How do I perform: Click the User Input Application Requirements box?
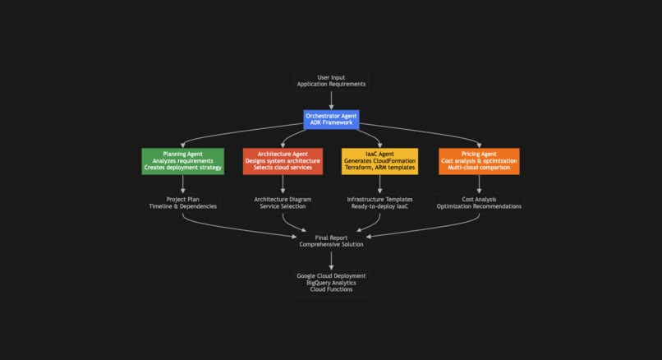pyautogui.click(x=331, y=81)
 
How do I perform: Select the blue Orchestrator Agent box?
pyautogui.click(x=331, y=120)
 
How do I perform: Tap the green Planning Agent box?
pyautogui.click(x=182, y=161)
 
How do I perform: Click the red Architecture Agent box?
pyautogui.click(x=283, y=161)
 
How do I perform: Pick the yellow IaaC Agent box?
pyautogui.click(x=379, y=161)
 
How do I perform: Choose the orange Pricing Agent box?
pyautogui.click(x=479, y=161)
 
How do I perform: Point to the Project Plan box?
pyautogui.click(x=182, y=203)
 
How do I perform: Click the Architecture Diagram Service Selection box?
pyautogui.click(x=283, y=203)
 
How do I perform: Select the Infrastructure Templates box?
pyautogui.click(x=379, y=203)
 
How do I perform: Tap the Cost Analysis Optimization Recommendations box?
pyautogui.click(x=479, y=203)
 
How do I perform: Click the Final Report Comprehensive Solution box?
pyautogui.click(x=331, y=241)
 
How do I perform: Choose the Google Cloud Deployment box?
pyautogui.click(x=331, y=283)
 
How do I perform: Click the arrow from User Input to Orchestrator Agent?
pyautogui.click(x=331, y=99)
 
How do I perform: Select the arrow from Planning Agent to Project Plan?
pyautogui.click(x=182, y=183)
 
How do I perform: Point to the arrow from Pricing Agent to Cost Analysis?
pyautogui.click(x=479, y=183)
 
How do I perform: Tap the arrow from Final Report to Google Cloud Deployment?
pyautogui.click(x=331, y=260)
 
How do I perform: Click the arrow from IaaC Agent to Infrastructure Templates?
pyautogui.click(x=379, y=183)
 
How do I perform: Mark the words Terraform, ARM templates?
pyautogui.click(x=379, y=168)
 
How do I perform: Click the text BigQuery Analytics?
pyautogui.click(x=331, y=283)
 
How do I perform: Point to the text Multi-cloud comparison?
pyautogui.click(x=479, y=168)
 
